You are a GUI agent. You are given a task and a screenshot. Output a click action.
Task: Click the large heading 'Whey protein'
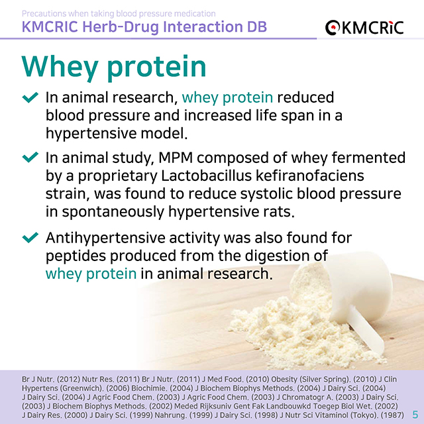tap(114, 67)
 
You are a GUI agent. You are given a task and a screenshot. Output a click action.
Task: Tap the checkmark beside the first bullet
tap(30, 98)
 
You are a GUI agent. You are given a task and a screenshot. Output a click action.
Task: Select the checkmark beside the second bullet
tap(30, 158)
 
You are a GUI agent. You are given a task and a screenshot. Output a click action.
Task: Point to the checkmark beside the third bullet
tap(30, 237)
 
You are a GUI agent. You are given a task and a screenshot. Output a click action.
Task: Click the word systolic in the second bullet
tap(252, 195)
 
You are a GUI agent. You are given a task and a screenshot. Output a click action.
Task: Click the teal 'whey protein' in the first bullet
tap(227, 98)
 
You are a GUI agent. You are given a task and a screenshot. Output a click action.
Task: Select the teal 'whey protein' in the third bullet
tap(91, 273)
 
